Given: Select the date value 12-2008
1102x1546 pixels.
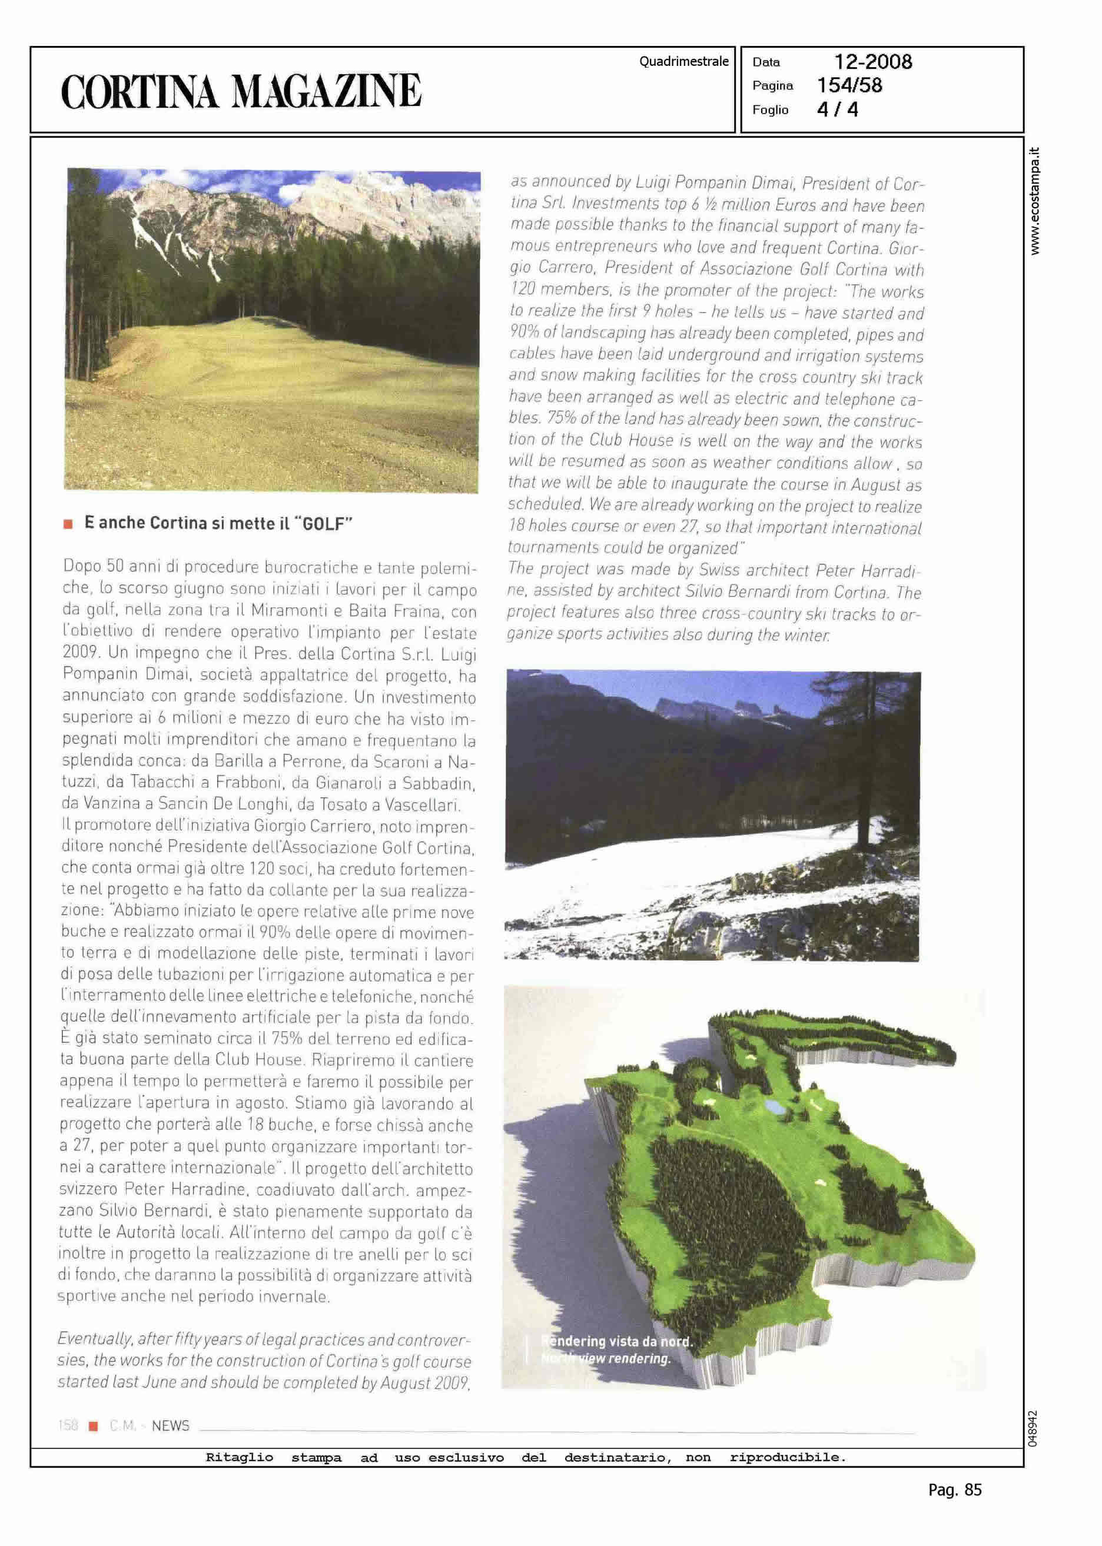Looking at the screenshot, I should point(872,62).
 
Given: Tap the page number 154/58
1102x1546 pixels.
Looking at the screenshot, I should point(849,85).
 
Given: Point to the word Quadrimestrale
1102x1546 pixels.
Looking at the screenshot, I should point(683,62).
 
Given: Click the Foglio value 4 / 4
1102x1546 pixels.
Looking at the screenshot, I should point(837,109).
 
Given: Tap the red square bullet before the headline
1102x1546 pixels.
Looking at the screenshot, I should point(68,524).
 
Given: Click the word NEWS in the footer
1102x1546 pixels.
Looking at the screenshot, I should point(170,1425).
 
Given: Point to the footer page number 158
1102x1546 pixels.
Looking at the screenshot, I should point(68,1425).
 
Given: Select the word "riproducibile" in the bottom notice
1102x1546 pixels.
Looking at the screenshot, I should point(787,1457).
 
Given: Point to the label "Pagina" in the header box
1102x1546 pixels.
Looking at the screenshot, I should point(772,85).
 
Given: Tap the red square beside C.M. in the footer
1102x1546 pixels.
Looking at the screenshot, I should point(94,1426).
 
